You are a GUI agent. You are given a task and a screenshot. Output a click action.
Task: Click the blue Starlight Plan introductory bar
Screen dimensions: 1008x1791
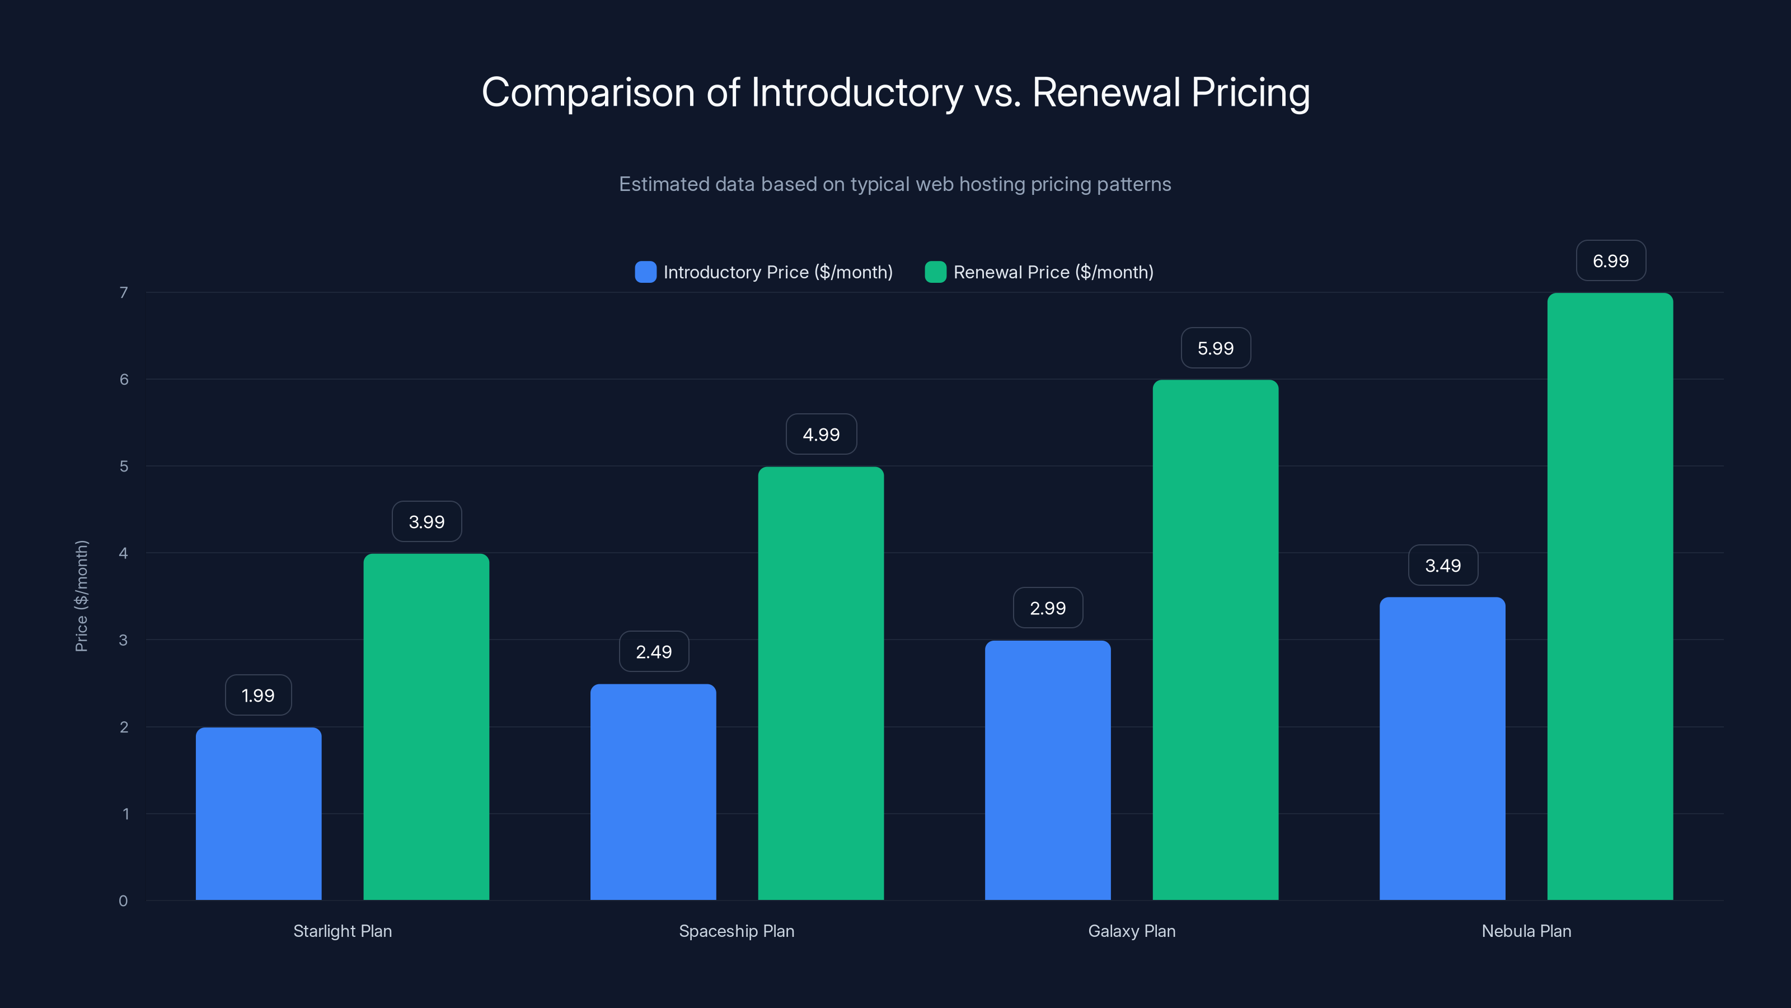tap(258, 813)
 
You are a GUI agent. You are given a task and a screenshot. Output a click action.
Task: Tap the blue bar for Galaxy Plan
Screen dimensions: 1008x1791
tap(1047, 769)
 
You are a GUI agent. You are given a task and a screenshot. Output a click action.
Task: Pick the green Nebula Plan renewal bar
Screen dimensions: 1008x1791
tap(1610, 596)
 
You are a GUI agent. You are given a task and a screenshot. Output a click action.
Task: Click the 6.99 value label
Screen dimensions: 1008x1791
tap(1610, 261)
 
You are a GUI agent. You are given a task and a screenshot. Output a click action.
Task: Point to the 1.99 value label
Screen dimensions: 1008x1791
tap(258, 695)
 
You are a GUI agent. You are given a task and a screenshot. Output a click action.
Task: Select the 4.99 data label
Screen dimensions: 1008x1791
tap(821, 435)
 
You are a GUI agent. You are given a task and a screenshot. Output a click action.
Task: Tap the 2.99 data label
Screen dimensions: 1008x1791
tap(1047, 608)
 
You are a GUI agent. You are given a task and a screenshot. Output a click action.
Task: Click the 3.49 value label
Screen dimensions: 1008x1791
tap(1443, 566)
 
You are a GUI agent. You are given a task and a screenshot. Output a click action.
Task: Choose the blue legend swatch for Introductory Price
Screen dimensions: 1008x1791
tap(645, 272)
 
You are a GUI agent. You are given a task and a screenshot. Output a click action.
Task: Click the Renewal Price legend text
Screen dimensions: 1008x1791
tap(1053, 272)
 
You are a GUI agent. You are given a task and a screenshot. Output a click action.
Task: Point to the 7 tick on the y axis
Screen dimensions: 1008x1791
tap(124, 292)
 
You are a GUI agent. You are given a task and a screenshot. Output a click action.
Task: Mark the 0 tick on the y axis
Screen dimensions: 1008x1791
tap(123, 901)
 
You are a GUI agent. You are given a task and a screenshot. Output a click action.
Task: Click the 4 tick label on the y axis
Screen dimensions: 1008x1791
tap(123, 553)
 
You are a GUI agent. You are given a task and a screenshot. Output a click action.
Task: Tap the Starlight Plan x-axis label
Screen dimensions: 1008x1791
tap(342, 931)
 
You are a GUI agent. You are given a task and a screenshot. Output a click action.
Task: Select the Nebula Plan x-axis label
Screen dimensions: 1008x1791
tap(1526, 931)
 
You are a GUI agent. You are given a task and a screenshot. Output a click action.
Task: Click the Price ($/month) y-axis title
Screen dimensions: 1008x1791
tap(81, 596)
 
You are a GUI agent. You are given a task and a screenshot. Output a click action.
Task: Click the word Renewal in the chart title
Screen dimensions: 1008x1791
tap(1105, 92)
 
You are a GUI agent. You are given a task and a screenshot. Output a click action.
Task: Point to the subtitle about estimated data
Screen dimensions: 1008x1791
tap(895, 184)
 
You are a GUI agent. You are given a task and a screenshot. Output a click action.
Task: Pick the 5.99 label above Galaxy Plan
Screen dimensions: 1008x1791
tap(1215, 348)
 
